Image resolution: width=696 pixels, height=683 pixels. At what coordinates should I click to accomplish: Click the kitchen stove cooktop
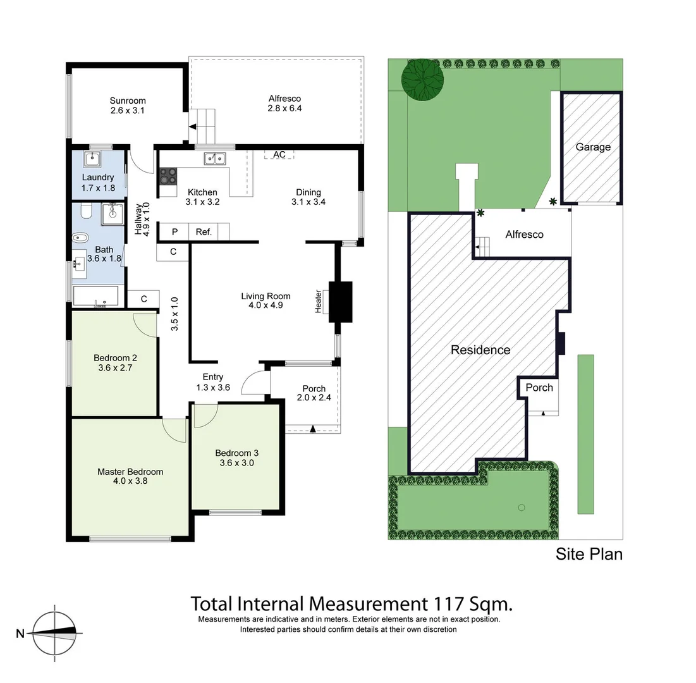tap(168, 176)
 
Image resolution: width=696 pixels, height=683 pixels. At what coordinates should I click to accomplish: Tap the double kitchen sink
tap(215, 159)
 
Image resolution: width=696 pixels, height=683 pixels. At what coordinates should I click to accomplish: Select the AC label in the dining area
tap(279, 154)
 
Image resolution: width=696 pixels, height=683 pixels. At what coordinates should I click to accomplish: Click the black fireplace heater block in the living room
tap(341, 302)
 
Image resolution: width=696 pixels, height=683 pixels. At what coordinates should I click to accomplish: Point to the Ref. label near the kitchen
tap(204, 232)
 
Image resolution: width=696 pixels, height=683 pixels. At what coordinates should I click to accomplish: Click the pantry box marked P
tap(174, 232)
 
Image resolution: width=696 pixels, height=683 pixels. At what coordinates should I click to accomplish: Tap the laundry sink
tap(93, 158)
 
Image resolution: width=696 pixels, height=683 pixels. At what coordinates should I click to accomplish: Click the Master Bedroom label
tap(130, 472)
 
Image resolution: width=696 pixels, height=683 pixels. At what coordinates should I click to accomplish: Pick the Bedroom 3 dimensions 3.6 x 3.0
tap(236, 463)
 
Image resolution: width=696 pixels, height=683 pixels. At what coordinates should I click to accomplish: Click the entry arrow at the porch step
tap(313, 429)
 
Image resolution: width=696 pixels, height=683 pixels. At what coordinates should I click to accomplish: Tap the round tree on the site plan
tap(422, 80)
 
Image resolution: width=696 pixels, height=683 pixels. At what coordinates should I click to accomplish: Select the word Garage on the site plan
tap(593, 147)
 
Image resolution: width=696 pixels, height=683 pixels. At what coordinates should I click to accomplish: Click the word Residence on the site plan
tap(480, 350)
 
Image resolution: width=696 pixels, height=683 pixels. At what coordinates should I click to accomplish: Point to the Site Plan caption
tap(589, 554)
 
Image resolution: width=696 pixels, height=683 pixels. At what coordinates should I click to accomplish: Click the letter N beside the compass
tap(20, 634)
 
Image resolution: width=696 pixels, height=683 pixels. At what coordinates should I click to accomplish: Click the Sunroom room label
tap(128, 101)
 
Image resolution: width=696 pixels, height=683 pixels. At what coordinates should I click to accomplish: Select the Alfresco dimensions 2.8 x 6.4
tap(284, 108)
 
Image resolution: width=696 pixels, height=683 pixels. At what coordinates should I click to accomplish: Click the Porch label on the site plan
tap(539, 387)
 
